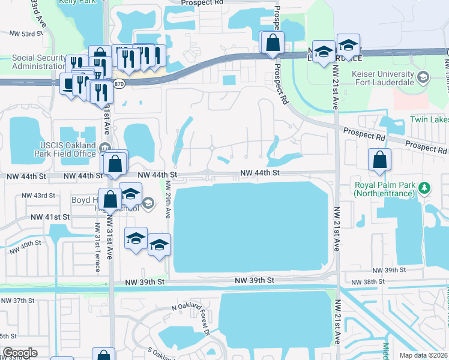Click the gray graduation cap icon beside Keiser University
click(424, 77)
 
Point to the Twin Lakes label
click(429, 119)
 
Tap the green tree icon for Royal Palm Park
click(425, 188)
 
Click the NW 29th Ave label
click(169, 205)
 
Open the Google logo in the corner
click(20, 353)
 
